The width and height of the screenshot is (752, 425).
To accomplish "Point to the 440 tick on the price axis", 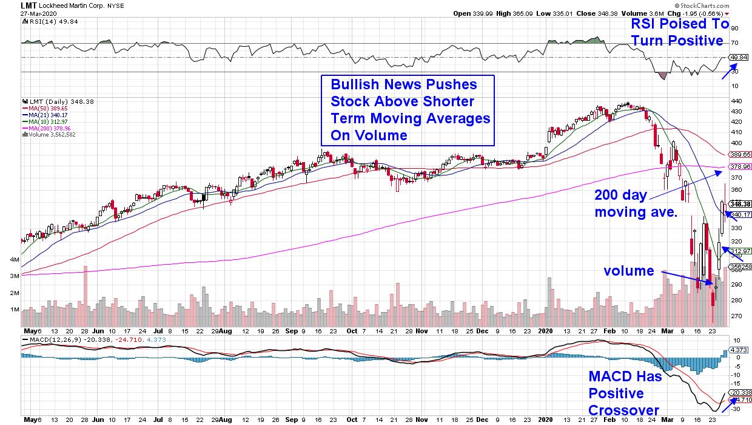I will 736,101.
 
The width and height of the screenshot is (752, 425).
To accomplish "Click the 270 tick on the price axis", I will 736,316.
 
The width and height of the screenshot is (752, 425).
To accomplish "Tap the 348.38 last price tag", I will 741,204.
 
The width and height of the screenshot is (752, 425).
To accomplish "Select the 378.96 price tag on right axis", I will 741,166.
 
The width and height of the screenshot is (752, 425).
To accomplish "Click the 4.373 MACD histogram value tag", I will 740,350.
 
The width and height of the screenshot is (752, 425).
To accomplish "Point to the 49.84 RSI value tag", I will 738,57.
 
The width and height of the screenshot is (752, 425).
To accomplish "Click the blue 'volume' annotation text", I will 628,271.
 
